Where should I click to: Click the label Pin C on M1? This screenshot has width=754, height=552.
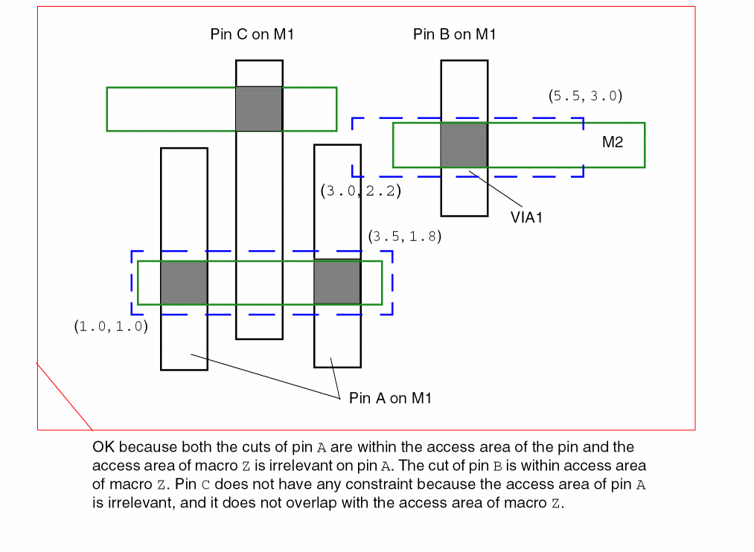tap(252, 35)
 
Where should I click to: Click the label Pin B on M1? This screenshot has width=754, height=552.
tap(454, 35)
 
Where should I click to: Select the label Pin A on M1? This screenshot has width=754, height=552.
tap(390, 399)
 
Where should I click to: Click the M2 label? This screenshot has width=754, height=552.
tap(613, 143)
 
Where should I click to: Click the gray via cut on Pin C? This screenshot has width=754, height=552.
tap(259, 109)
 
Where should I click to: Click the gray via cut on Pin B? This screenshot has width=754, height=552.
tap(464, 145)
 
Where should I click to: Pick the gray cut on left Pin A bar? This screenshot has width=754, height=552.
tap(184, 283)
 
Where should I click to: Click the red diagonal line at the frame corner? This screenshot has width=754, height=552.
tap(65, 396)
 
